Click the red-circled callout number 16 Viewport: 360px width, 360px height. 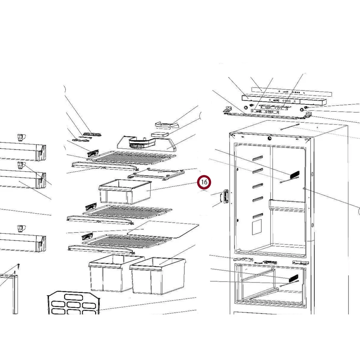click(x=204, y=182)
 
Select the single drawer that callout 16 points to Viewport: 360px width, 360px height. click(x=125, y=192)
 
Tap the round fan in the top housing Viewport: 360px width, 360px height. click(x=137, y=144)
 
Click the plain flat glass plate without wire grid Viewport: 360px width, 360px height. click(x=163, y=230)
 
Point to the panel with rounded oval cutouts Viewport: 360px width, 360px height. click(x=74, y=303)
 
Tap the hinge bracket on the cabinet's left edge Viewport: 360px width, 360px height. click(x=224, y=196)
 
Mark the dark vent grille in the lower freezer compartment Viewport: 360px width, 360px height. click(x=294, y=278)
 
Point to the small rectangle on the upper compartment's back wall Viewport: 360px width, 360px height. click(x=257, y=227)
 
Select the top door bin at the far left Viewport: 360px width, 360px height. click(x=22, y=152)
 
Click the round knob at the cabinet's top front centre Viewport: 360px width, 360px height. click(x=269, y=138)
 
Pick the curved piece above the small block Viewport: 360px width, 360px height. click(x=166, y=125)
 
